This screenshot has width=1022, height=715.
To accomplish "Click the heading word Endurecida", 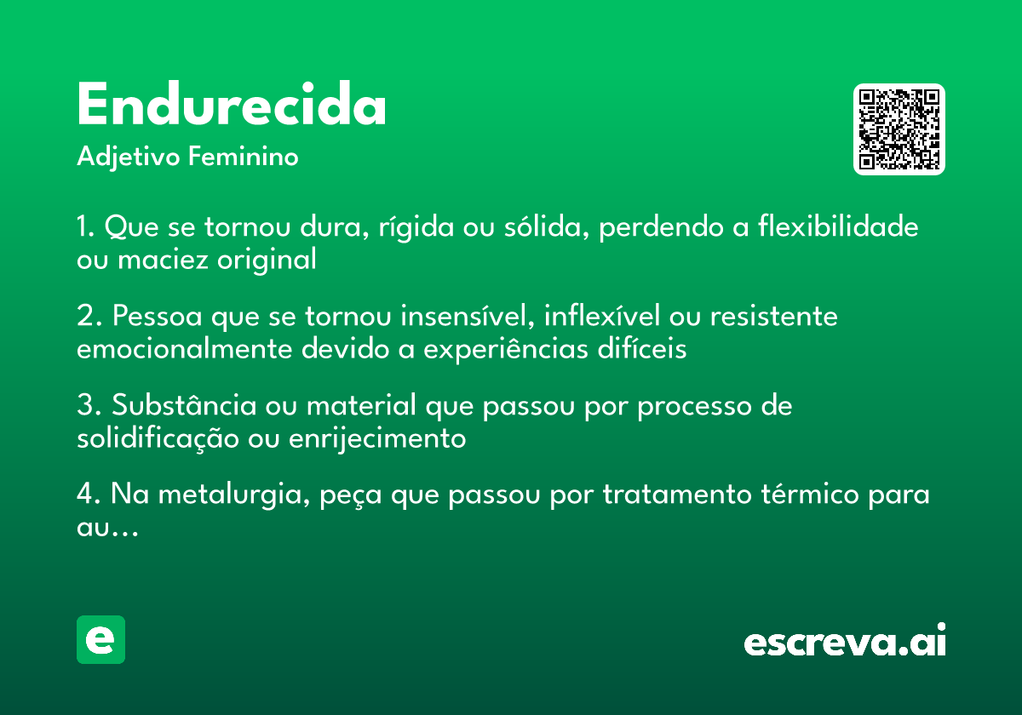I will tap(232, 106).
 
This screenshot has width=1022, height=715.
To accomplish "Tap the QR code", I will tap(899, 129).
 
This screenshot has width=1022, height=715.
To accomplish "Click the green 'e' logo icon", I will tap(100, 639).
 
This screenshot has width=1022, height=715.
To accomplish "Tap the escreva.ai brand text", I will tap(845, 642).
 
